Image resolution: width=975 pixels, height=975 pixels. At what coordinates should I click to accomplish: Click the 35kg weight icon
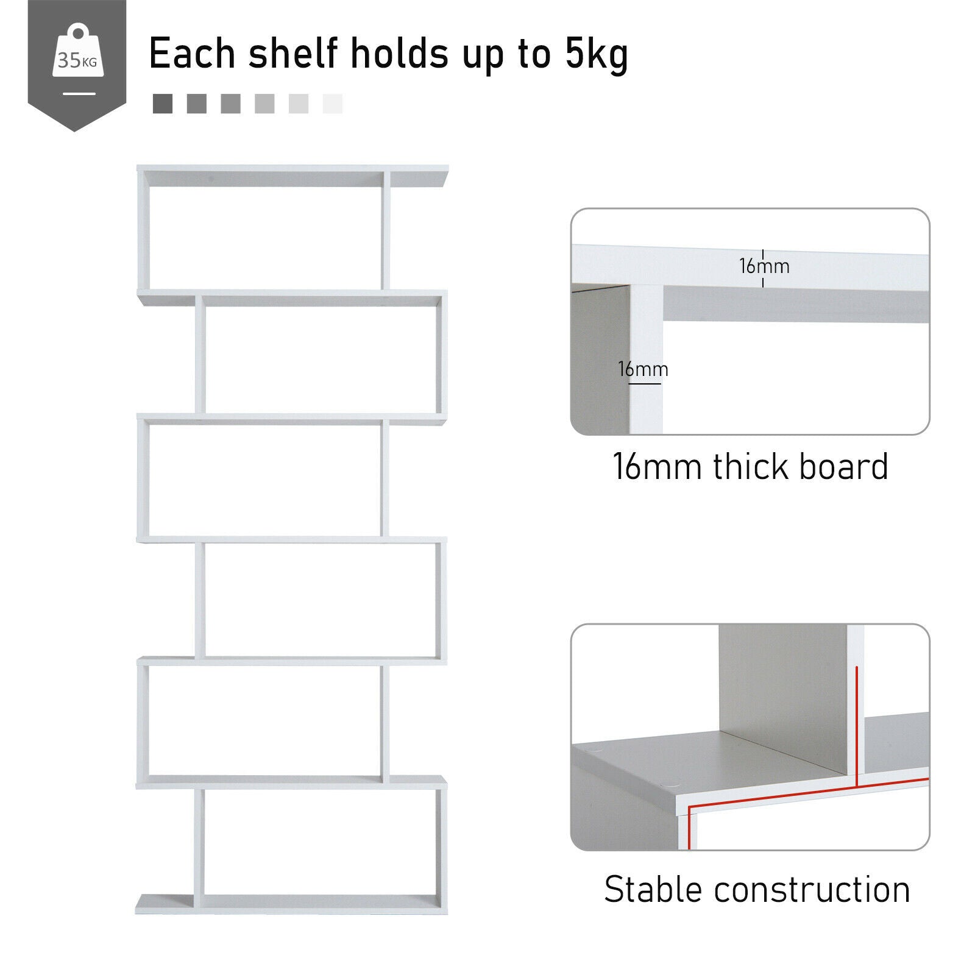click(77, 58)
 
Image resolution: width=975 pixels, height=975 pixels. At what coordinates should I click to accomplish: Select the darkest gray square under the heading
click(163, 104)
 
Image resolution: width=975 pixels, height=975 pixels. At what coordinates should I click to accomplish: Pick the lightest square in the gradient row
click(333, 104)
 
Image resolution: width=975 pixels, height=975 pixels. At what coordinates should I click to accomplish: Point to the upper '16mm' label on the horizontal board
click(764, 266)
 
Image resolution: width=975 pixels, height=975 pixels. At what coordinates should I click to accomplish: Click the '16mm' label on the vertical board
click(643, 369)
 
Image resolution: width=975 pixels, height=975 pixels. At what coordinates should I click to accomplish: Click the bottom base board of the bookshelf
click(291, 903)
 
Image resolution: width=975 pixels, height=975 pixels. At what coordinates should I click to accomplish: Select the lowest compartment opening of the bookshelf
click(320, 842)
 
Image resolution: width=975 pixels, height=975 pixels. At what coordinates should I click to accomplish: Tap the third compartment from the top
click(265, 480)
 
